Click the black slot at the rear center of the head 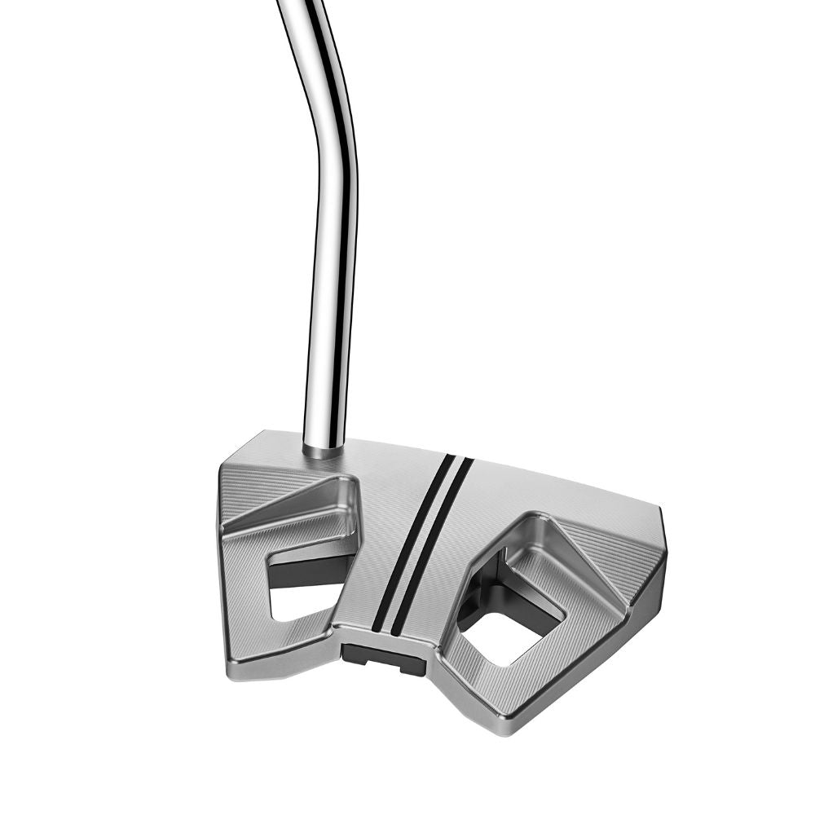(x=383, y=657)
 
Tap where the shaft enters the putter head (x=323, y=448)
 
